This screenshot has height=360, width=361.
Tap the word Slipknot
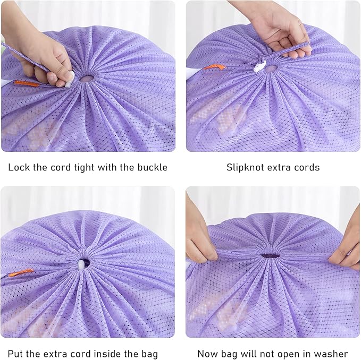click(x=246, y=167)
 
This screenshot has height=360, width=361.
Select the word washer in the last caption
click(x=332, y=354)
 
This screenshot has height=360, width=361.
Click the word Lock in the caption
click(x=19, y=167)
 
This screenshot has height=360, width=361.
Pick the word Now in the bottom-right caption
click(x=208, y=354)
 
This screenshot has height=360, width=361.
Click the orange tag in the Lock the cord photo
click(x=26, y=83)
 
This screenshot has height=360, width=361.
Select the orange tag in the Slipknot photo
click(x=214, y=67)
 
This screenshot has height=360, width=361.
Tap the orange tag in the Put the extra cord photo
click(x=21, y=272)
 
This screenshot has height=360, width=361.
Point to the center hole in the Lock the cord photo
click(x=86, y=79)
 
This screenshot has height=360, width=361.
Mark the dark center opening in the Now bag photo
click(x=270, y=255)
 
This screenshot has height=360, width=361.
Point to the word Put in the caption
click(x=16, y=354)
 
